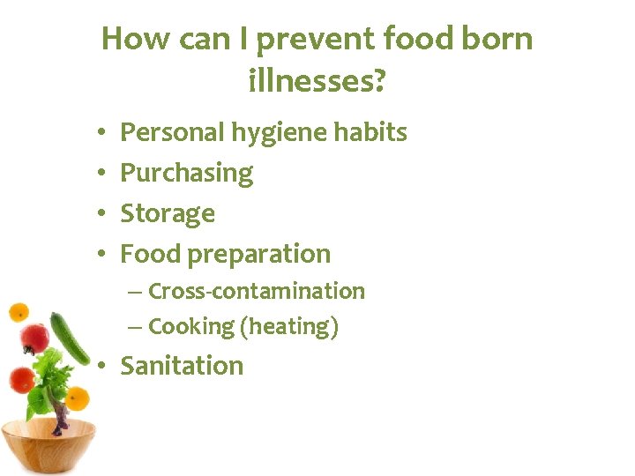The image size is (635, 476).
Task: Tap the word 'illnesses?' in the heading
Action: (317, 82)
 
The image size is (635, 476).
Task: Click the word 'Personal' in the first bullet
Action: (172, 132)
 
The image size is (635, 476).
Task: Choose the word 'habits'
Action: (373, 132)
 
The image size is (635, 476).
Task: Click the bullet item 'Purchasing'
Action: (186, 174)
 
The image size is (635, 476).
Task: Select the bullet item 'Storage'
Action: (168, 214)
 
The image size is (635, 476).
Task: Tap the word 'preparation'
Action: (259, 255)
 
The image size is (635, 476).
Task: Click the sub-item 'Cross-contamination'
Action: (256, 291)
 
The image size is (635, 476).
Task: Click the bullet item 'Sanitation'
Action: (181, 366)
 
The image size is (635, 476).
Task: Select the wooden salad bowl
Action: (49, 446)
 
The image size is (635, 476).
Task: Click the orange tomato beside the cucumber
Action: (78, 399)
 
